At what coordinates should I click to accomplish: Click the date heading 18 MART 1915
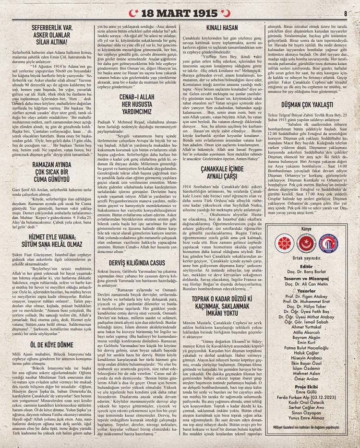coord(180,11)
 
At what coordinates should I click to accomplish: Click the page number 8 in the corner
coord(346,13)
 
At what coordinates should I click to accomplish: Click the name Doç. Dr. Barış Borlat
coord(306,271)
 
